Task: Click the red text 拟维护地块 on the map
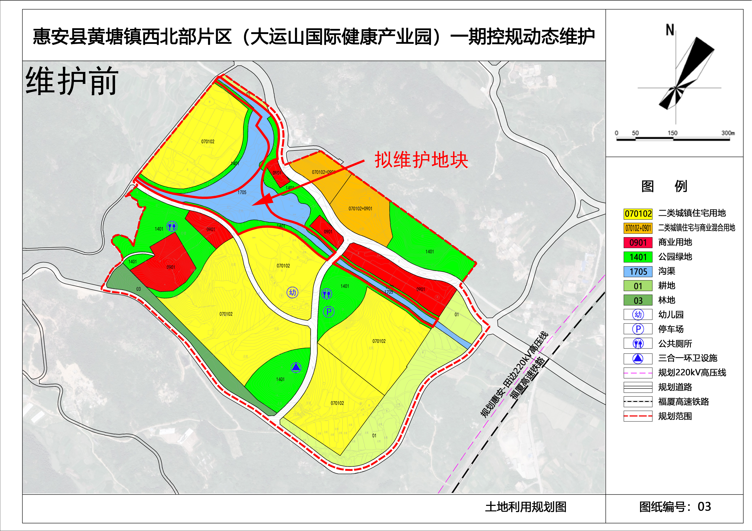coord(421,160)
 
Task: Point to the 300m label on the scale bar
coord(728,133)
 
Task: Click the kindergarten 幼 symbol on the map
coord(292,292)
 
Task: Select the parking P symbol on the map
coord(328,312)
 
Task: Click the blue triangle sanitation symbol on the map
coord(296,367)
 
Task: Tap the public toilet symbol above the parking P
coord(327,294)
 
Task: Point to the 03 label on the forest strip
coord(139,289)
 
